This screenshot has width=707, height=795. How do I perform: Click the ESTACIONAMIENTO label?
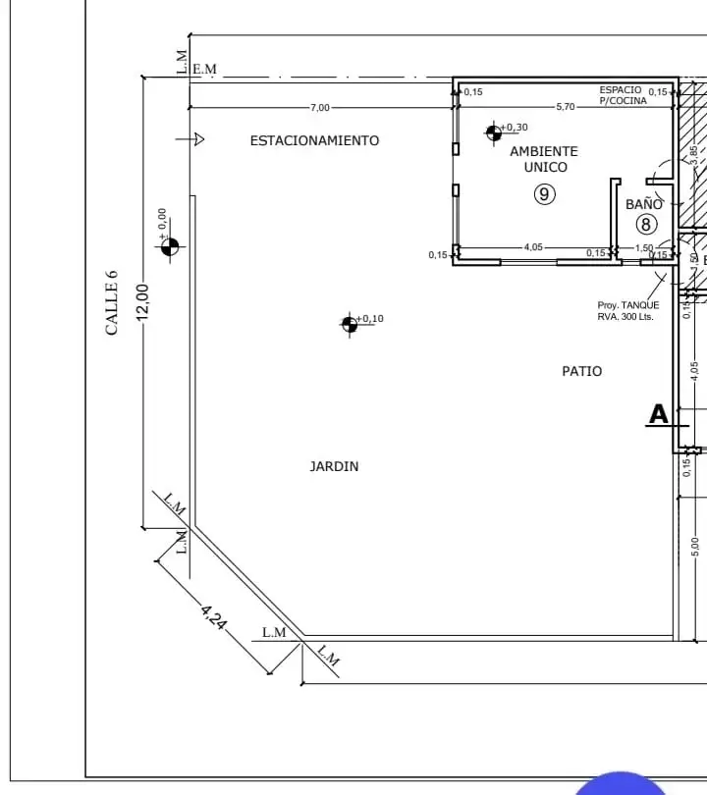314,140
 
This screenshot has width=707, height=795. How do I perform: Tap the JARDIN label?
334,466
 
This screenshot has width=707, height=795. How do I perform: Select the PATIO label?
581,371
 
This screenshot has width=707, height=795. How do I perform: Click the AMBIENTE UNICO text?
544,159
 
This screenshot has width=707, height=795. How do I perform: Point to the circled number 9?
545,194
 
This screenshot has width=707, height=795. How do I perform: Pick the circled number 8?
645,224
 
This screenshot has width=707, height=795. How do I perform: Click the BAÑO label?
644,204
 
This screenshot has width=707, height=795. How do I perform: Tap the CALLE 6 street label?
112,302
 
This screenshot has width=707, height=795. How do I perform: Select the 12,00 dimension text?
142,302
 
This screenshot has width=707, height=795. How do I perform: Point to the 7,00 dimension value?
320,107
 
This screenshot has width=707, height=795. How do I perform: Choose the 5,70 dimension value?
566,106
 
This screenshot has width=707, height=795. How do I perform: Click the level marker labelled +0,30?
494,132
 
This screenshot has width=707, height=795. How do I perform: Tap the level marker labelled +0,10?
350,324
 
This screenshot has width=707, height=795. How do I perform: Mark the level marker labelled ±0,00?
170,246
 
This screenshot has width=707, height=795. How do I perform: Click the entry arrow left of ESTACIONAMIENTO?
190,139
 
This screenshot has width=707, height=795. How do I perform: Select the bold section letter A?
658,414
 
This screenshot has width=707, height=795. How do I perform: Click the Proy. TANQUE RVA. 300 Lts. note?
628,311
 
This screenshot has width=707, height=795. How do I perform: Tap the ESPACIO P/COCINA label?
623,95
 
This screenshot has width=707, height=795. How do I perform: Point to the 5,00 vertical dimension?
694,543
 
